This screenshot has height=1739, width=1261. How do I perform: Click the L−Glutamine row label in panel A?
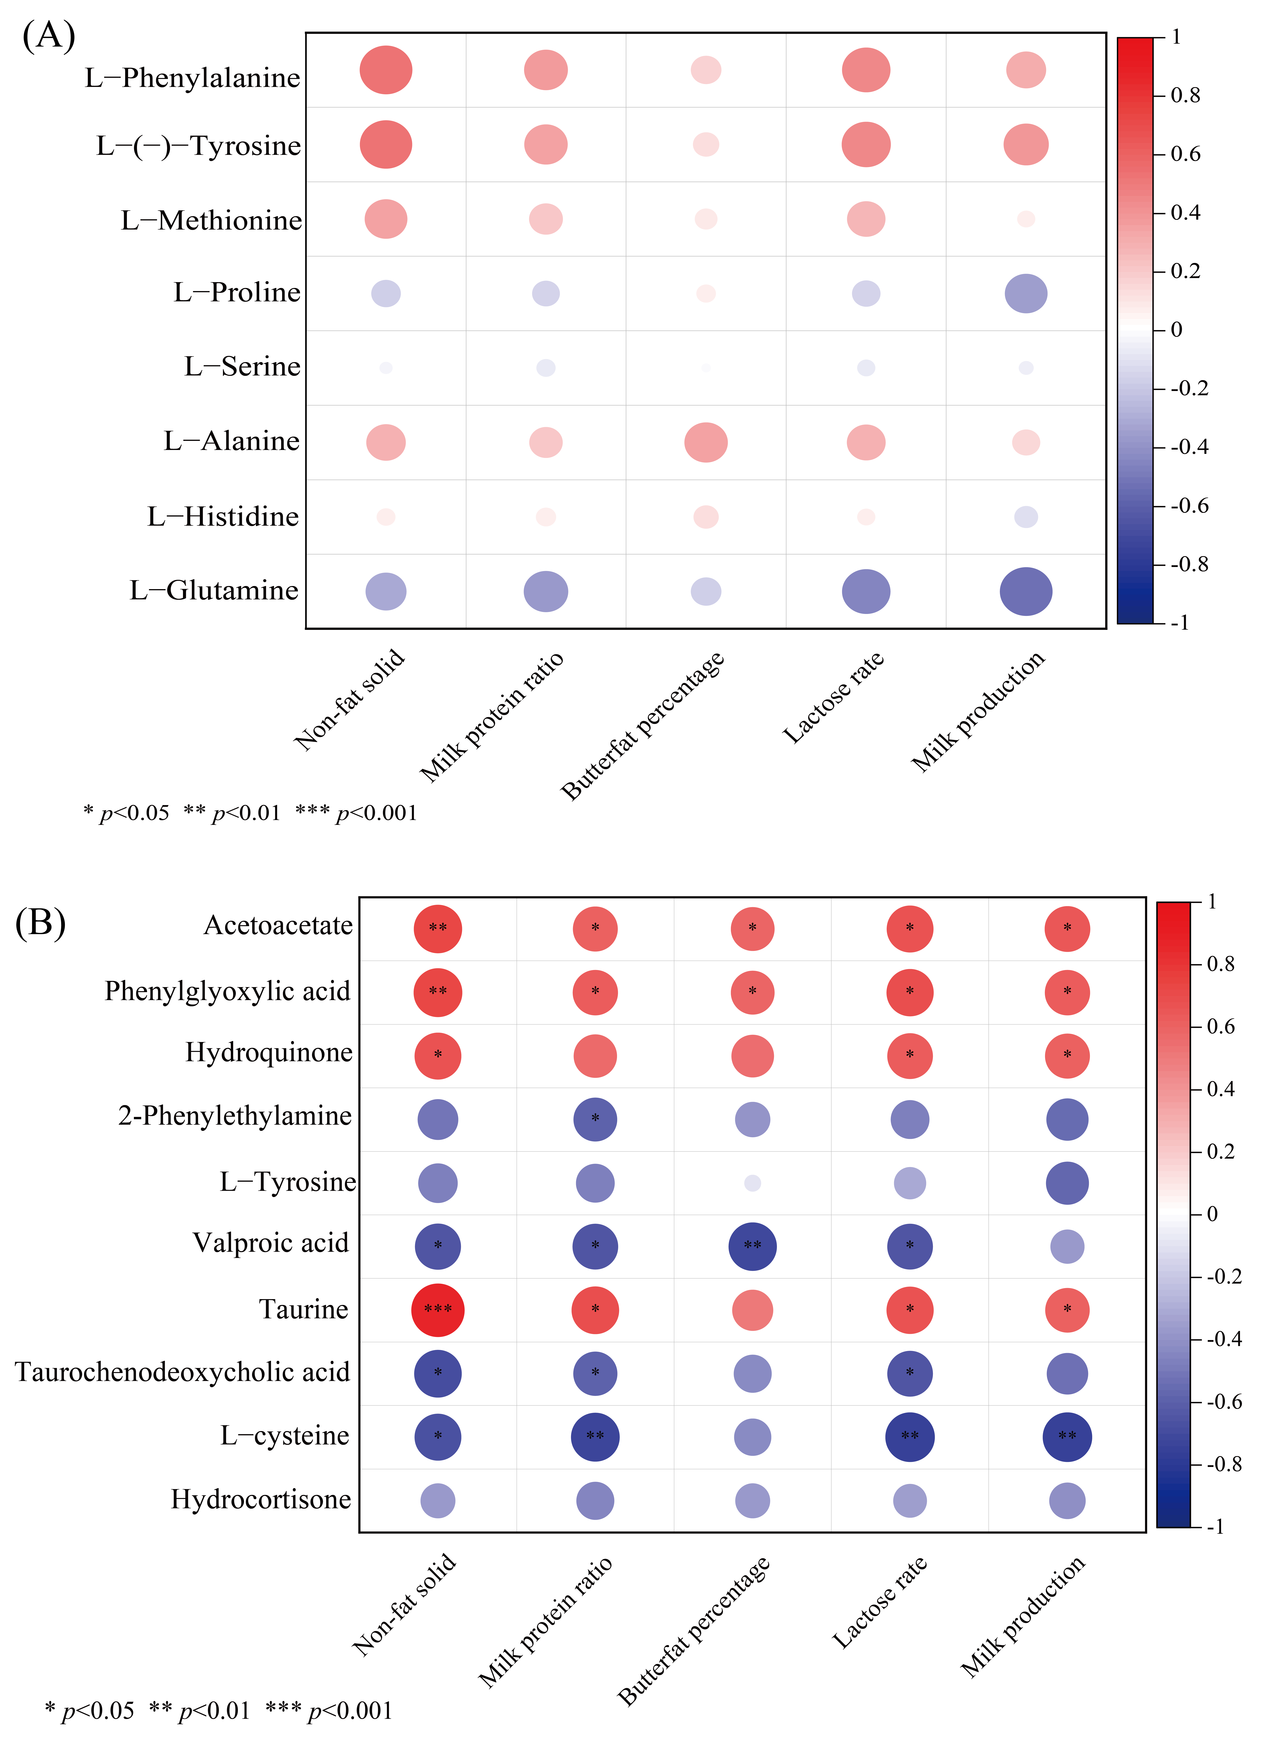coord(214,590)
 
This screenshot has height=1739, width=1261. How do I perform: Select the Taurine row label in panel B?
coord(304,1309)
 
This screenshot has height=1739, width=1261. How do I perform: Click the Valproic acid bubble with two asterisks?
coord(752,1246)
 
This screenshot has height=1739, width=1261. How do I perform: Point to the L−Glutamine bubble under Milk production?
coord(1026,591)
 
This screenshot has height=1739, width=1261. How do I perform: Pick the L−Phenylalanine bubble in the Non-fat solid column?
coord(386,70)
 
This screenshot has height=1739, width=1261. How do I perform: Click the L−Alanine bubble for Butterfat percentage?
coord(705,442)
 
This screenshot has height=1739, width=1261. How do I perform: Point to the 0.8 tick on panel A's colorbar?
coord(1184,95)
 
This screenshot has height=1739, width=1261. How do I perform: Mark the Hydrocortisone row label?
coord(261,1499)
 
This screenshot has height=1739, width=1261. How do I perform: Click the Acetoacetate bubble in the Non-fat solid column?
coord(438,928)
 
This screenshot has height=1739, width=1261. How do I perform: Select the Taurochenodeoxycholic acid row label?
coord(182,1372)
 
